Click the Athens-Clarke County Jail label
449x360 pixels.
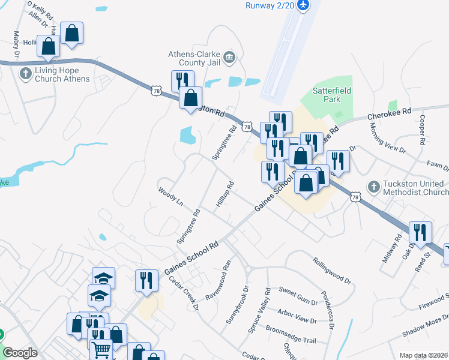(193, 58)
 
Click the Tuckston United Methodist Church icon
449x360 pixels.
(373, 187)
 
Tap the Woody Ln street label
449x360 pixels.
(170, 196)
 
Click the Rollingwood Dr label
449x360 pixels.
(331, 270)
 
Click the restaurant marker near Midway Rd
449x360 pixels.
(420, 232)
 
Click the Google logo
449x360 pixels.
(20, 353)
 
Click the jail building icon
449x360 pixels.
(229, 58)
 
